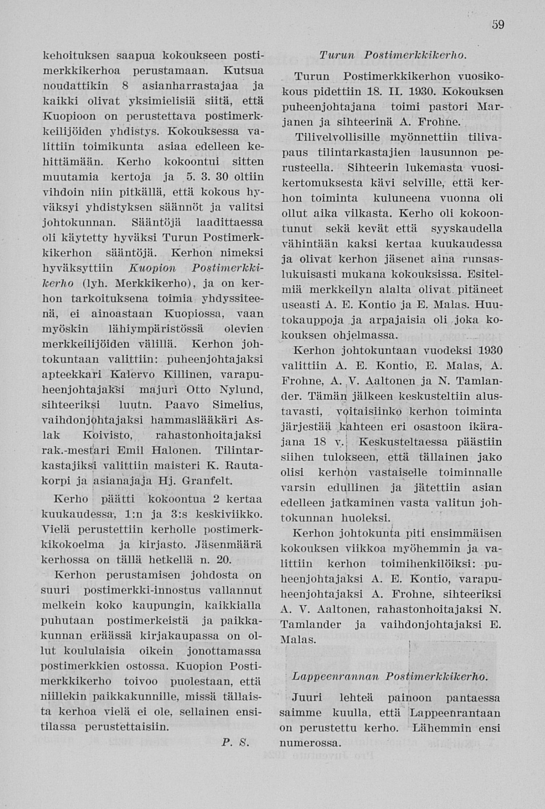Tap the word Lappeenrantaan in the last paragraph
[x=455, y=712]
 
